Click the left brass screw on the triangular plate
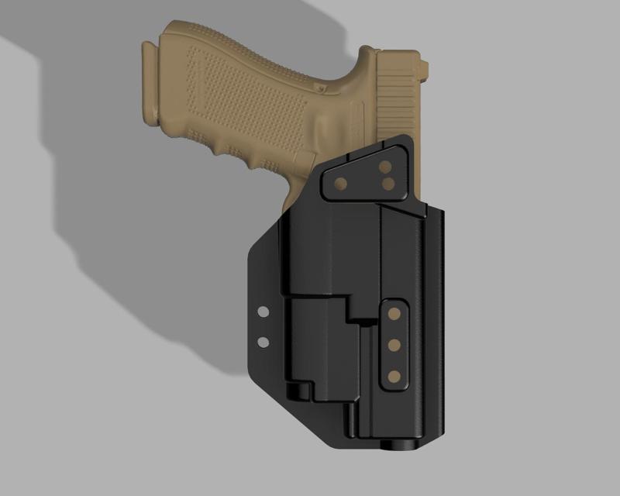(339, 183)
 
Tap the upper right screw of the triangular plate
(385, 167)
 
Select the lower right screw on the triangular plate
(388, 184)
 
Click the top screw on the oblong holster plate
(394, 313)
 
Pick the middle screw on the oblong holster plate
(394, 344)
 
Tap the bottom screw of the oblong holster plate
(394, 376)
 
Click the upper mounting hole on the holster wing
(263, 312)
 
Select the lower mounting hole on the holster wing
(263, 341)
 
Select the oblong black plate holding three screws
(394, 344)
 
